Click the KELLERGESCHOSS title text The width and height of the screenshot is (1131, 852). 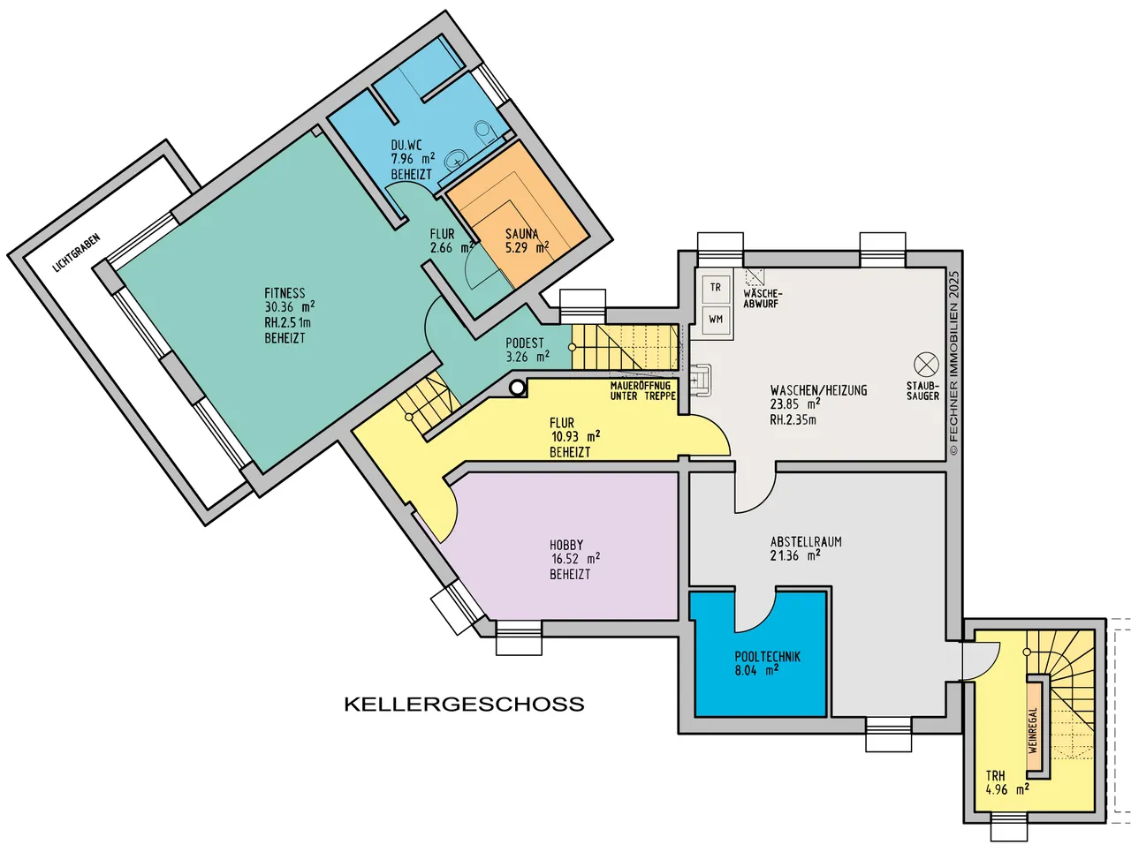click(x=464, y=704)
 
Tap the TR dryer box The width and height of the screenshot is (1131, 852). click(x=715, y=287)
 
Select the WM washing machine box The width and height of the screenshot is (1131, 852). click(x=715, y=320)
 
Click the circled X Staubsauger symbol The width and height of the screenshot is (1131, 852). click(x=926, y=365)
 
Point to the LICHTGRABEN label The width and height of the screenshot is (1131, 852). click(x=76, y=253)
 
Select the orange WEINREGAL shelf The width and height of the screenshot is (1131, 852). click(x=1033, y=730)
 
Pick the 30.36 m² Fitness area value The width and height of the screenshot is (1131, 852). click(x=290, y=307)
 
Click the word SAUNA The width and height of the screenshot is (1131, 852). click(x=521, y=234)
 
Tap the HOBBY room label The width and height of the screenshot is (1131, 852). click(x=566, y=545)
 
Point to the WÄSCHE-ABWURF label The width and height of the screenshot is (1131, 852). click(x=763, y=298)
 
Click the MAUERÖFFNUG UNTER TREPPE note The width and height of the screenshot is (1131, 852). click(x=642, y=391)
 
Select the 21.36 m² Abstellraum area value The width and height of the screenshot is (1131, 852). click(x=795, y=556)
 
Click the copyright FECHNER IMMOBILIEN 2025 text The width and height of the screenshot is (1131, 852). click(x=954, y=363)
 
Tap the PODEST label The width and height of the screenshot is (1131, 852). click(x=525, y=343)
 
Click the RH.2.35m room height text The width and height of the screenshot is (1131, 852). click(x=793, y=419)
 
